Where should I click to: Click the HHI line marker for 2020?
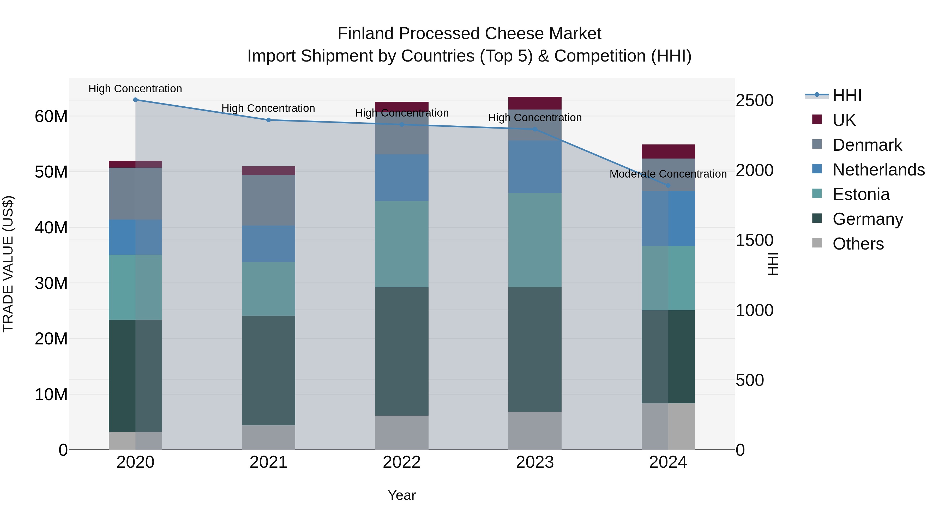135,100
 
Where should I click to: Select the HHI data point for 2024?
668,185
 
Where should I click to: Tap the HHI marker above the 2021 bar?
268,120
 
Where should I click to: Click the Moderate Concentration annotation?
668,174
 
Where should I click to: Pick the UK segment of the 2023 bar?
535,103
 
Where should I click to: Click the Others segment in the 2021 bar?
268,437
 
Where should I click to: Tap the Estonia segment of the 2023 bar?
535,240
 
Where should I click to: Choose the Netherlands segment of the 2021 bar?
268,244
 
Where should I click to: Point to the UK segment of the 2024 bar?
668,151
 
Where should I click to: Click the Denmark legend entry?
867,145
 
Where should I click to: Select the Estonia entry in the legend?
861,194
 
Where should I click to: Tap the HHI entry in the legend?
847,95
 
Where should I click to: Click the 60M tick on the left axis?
51,117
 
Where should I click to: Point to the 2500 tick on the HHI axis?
754,101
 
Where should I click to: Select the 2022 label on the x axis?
402,462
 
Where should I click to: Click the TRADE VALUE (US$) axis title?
8,264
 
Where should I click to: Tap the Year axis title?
402,495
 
